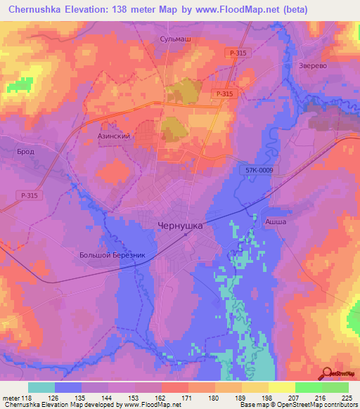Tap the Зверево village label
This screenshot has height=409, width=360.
pos(314,61)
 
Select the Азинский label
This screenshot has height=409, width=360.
pos(114,136)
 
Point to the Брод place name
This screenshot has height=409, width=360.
pos(26,151)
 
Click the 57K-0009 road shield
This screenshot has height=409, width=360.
pos(260,170)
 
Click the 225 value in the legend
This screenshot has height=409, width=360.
pos(347,398)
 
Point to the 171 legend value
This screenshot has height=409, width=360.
pos(187,398)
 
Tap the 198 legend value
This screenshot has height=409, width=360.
pos(267,398)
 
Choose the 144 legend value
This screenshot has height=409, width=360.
pos(107,398)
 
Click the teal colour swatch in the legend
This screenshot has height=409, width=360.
pos(41,387)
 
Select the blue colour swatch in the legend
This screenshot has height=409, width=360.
pos(68,387)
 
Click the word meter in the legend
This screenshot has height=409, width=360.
pos(11,398)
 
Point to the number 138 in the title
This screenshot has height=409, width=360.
pos(127,8)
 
